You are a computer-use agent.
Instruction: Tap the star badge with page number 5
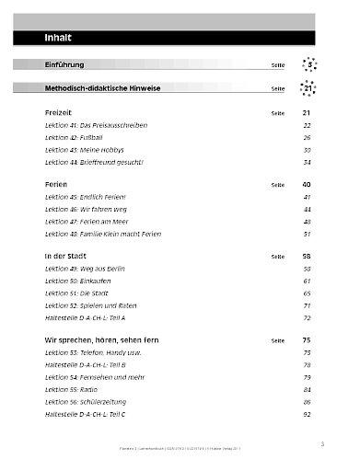(x=311, y=65)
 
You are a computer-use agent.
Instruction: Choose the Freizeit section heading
(x=58, y=111)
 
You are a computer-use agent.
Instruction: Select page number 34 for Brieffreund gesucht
(x=308, y=161)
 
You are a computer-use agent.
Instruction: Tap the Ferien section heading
(x=56, y=184)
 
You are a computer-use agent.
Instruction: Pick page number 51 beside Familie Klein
(x=308, y=234)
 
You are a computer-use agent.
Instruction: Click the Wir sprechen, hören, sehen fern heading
(x=109, y=340)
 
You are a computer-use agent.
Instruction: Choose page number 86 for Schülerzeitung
(x=308, y=402)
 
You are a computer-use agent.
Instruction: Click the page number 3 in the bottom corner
(x=322, y=444)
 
